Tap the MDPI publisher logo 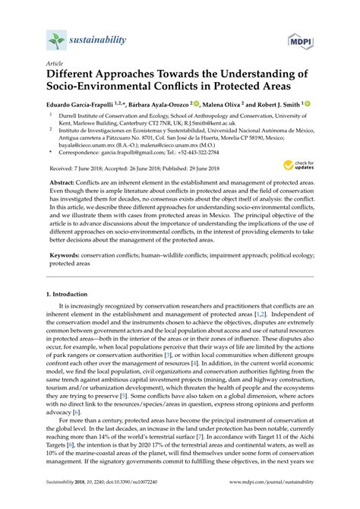point(299,39)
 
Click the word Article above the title point(55,64)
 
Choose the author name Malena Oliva point(216,104)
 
